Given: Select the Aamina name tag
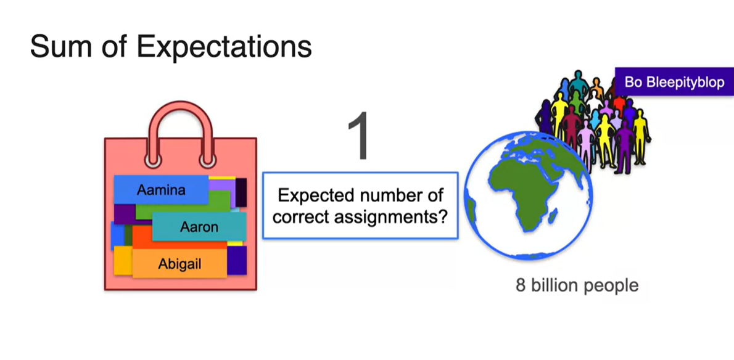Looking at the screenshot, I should [161, 190].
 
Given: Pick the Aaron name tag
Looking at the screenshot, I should [199, 227].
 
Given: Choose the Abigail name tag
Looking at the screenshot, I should [179, 264].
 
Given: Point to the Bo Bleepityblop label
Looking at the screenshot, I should [674, 82].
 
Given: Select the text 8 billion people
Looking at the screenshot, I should [577, 286].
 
